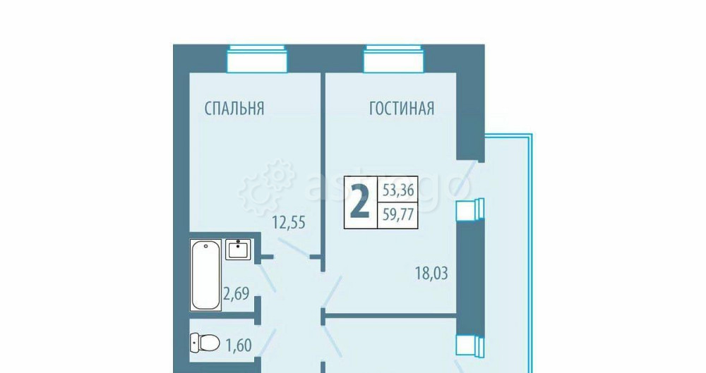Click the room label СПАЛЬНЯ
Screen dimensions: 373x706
click(x=234, y=109)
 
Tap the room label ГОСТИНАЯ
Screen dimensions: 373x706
click(x=401, y=109)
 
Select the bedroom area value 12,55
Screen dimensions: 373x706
click(x=289, y=223)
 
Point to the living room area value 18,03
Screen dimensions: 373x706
click(x=432, y=271)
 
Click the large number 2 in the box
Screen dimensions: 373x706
click(x=360, y=202)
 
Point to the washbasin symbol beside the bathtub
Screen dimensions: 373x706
click(x=238, y=250)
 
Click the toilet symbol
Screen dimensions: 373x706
click(x=205, y=343)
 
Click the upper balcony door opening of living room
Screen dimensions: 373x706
click(x=470, y=209)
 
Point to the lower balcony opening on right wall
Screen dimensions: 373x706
click(x=470, y=345)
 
